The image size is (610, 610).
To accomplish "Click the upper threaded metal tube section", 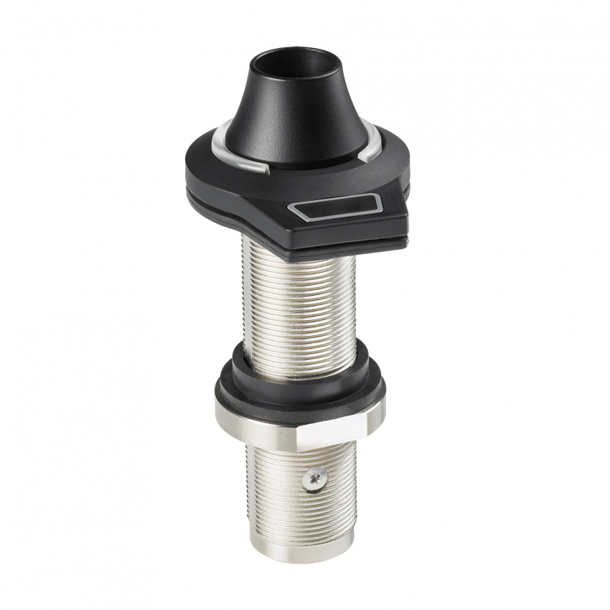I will point(298,301).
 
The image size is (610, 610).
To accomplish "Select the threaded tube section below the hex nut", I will point(287,488).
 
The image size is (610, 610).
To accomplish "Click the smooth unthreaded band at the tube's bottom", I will point(301,543).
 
